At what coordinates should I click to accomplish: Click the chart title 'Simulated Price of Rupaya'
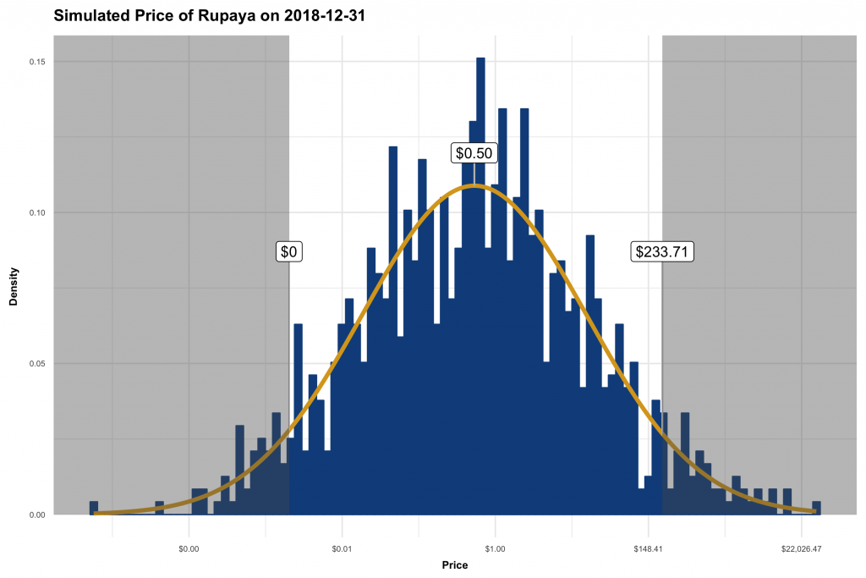point(152,16)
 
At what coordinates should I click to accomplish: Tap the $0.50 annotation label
point(474,153)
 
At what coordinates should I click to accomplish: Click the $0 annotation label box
point(289,251)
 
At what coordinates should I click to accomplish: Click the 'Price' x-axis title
point(455,565)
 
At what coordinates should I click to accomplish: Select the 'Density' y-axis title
point(14,289)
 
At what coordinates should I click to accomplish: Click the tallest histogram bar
point(480,288)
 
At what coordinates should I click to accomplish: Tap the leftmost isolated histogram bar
point(93,509)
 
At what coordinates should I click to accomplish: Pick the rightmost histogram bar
point(816,508)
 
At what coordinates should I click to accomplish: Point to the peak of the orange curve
point(474,185)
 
